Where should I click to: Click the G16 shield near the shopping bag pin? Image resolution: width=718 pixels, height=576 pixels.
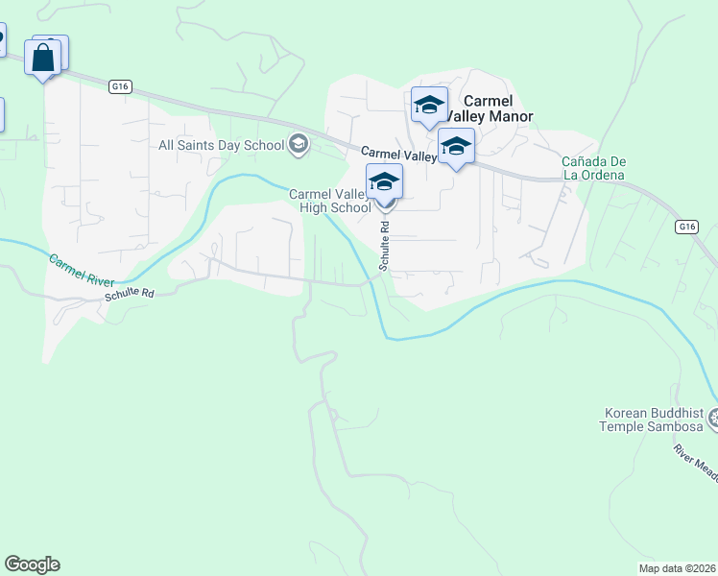(119, 86)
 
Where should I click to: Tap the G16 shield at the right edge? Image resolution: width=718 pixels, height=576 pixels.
(685, 227)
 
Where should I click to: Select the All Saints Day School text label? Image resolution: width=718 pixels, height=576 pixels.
(221, 145)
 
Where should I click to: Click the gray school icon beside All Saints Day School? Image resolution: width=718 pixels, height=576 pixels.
(298, 145)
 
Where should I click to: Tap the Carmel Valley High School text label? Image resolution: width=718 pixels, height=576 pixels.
(330, 201)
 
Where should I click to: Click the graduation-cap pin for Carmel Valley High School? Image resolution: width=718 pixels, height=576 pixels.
(384, 181)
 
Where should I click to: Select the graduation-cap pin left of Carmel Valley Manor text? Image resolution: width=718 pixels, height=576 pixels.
(429, 105)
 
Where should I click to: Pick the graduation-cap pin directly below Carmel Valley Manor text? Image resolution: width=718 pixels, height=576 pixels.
(456, 147)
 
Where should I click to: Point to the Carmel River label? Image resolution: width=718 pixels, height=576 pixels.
(82, 272)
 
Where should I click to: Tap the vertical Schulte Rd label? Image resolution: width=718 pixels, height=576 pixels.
(384, 248)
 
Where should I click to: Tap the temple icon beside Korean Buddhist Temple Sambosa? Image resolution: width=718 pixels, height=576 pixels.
(712, 419)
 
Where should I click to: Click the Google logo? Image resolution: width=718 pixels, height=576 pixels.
(32, 564)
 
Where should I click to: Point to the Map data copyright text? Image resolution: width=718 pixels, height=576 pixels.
(678, 568)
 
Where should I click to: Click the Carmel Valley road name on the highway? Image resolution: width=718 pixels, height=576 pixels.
(398, 154)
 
